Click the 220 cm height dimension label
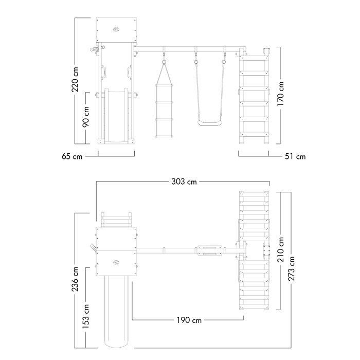(75, 79)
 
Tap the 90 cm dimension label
(86, 117)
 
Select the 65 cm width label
(72, 156)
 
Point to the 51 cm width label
(295, 156)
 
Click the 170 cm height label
(280, 94)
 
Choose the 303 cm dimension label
(184, 182)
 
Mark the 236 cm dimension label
(75, 279)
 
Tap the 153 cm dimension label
(86, 316)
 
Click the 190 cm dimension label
(189, 320)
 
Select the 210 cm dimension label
(281, 250)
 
